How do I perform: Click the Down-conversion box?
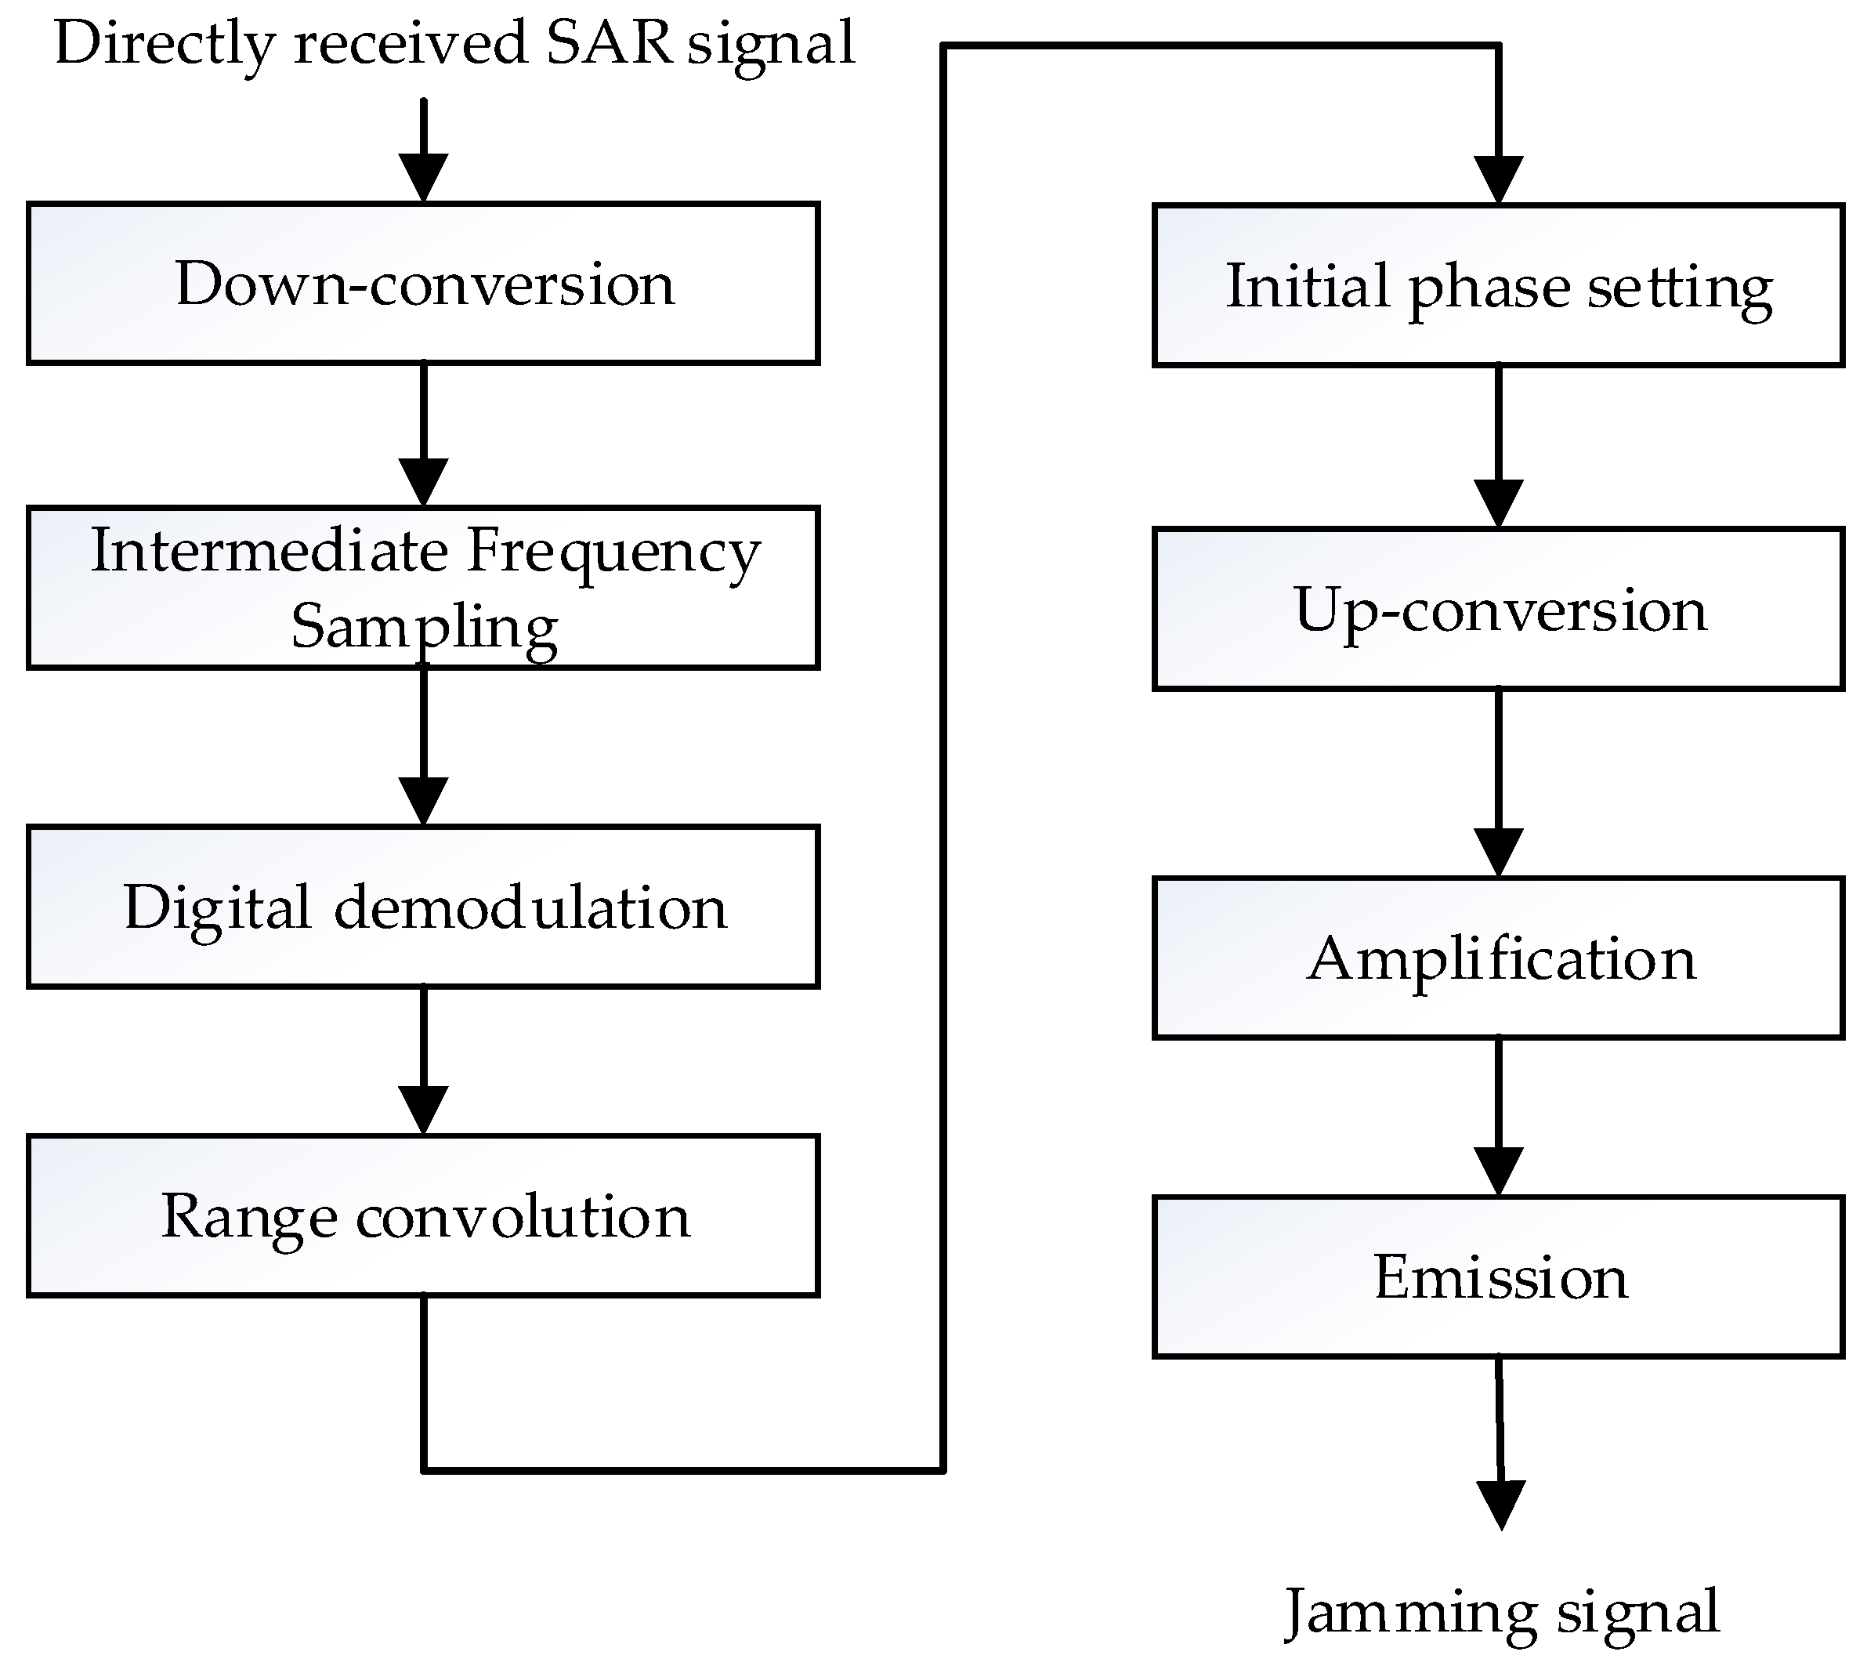pos(423,284)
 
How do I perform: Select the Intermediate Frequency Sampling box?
pos(423,588)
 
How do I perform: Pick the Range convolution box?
pos(423,1216)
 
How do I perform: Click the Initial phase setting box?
pos(1498,285)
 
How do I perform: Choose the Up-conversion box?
pos(1498,610)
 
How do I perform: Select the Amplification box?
pos(1498,958)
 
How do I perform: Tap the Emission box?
pos(1498,1277)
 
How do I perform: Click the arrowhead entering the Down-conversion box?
pos(424,176)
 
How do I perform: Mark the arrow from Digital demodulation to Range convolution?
pos(424,1062)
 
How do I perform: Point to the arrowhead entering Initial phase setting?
pos(1498,179)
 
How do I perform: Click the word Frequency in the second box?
pos(613,552)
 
